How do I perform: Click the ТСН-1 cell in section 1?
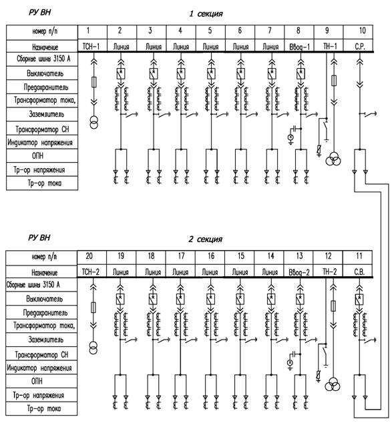click(x=91, y=47)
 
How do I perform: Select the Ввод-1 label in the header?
click(x=300, y=47)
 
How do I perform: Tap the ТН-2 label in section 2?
click(x=329, y=272)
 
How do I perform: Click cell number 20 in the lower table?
click(x=89, y=256)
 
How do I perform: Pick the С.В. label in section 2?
click(x=359, y=272)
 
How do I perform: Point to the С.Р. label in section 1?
click(x=360, y=47)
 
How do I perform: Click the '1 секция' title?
click(x=206, y=13)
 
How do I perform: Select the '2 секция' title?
click(x=206, y=239)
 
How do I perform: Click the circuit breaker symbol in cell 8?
click(x=301, y=73)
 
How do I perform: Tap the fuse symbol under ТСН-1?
click(x=94, y=82)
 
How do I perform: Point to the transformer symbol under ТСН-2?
click(x=93, y=348)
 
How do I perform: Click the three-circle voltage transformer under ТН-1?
click(x=333, y=159)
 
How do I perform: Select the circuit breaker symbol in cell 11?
click(x=359, y=300)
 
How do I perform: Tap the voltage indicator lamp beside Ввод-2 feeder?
click(x=290, y=363)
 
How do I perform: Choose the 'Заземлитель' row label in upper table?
click(x=47, y=114)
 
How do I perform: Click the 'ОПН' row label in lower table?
click(x=37, y=381)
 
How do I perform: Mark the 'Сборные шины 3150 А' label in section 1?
click(x=43, y=59)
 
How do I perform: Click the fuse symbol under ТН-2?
click(x=334, y=306)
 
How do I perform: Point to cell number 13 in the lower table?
click(x=299, y=256)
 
